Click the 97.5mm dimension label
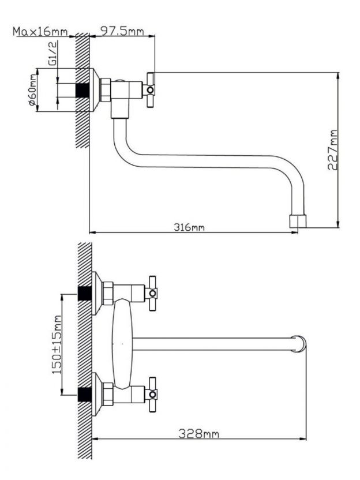pyautogui.click(x=122, y=31)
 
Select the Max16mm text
pyautogui.click(x=40, y=32)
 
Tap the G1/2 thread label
pyautogui.click(x=52, y=53)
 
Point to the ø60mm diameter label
pyautogui.click(x=32, y=90)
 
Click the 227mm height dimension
pyautogui.click(x=332, y=150)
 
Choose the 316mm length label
pyautogui.click(x=189, y=227)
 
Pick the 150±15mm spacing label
pyautogui.click(x=57, y=344)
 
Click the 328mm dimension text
pyautogui.click(x=199, y=433)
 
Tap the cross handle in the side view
pyautogui.click(x=150, y=90)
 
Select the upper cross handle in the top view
pyautogui.click(x=152, y=293)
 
